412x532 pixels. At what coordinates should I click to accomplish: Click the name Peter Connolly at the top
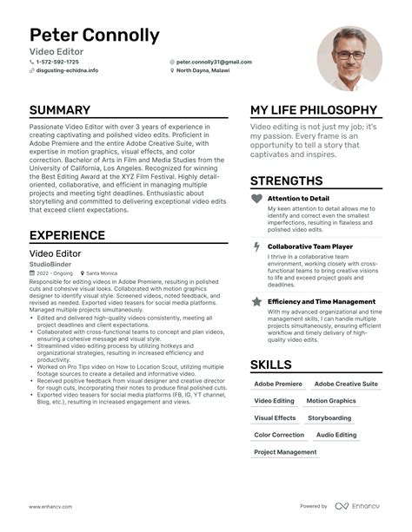coord(95,36)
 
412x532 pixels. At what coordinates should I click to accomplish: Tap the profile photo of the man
coord(350,57)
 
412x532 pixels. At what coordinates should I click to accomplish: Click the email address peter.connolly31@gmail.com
coord(214,62)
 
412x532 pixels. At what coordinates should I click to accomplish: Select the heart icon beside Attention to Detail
coord(256,199)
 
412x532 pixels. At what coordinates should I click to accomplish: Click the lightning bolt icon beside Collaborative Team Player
coord(256,247)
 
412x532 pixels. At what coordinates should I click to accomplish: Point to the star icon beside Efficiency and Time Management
coord(256,301)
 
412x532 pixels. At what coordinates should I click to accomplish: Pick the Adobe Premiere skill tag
coord(278,384)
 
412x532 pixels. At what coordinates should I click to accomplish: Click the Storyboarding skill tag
coord(329,417)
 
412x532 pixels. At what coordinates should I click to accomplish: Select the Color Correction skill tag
coord(279,435)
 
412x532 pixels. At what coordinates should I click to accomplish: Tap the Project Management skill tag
coord(285,452)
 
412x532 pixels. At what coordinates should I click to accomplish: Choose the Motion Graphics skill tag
coord(331,401)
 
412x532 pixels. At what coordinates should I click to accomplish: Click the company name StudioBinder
coord(50,264)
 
